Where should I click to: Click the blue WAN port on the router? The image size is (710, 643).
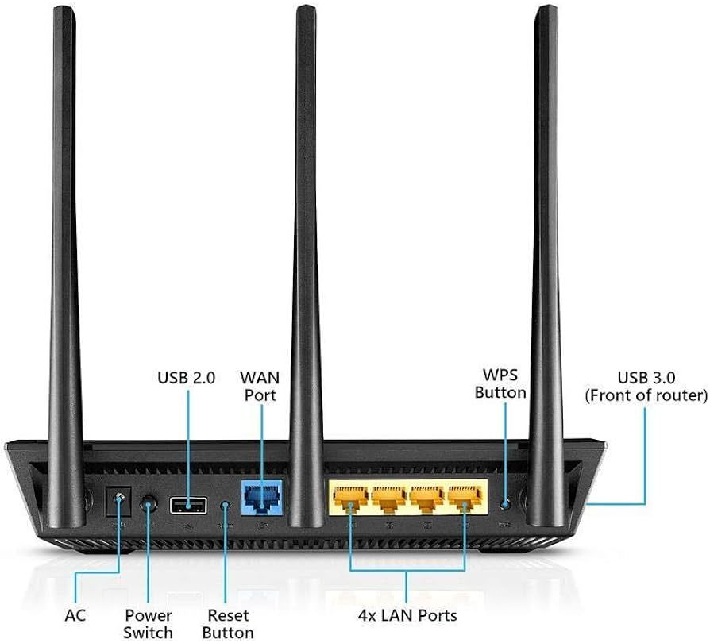coord(262,497)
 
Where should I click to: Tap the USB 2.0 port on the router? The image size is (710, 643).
coord(188,505)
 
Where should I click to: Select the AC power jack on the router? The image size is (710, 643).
coord(118,502)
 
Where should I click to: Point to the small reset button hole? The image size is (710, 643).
coord(225,505)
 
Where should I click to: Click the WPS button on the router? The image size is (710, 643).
coord(506,503)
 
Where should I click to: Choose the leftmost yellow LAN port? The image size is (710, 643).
coord(350,499)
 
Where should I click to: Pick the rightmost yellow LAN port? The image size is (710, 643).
coord(465,499)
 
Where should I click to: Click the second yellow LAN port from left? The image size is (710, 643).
coord(389,499)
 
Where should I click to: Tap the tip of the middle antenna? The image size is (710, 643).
coord(306,6)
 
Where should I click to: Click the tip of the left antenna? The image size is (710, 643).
coord(64,8)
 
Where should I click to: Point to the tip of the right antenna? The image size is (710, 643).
coord(547,6)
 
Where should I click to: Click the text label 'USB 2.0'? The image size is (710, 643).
coord(186,378)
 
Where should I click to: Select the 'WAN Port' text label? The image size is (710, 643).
coord(260,386)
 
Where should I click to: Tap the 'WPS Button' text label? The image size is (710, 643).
coord(500,383)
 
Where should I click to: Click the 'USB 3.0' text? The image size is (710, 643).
coord(646,377)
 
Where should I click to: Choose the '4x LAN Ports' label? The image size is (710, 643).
coord(407,615)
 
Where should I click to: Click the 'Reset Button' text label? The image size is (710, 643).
coord(228,624)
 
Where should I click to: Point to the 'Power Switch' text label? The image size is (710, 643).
coord(148,624)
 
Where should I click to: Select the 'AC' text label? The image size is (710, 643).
coord(75,615)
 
